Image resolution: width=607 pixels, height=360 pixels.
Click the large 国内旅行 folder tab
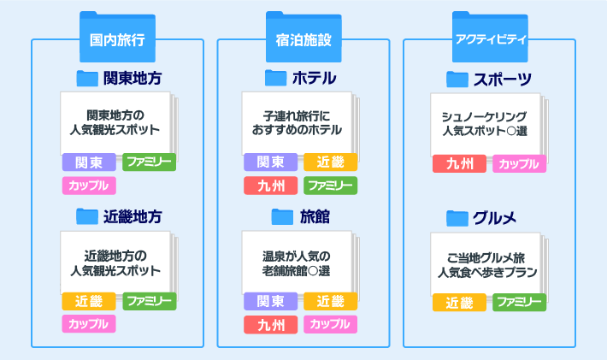click(117, 37)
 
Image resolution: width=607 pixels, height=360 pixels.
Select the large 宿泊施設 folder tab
click(303, 37)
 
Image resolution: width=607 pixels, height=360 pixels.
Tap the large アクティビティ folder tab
click(490, 37)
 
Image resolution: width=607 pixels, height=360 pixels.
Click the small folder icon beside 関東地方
click(87, 79)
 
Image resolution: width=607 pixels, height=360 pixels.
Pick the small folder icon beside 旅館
click(282, 217)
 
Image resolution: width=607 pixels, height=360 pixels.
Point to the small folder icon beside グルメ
click(457, 218)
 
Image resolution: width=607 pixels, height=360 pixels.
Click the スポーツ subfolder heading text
click(503, 80)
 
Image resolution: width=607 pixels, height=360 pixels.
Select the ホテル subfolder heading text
click(315, 78)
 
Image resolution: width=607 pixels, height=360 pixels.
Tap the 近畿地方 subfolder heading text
click(133, 217)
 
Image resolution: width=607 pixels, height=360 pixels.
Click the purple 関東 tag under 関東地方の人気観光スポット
click(89, 162)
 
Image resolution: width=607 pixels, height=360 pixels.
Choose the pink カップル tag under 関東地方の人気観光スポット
click(89, 186)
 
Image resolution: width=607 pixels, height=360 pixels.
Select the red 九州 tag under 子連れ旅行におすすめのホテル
click(271, 186)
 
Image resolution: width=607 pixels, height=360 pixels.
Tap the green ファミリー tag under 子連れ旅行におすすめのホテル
click(331, 186)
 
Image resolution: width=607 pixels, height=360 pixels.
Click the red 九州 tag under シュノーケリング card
click(459, 163)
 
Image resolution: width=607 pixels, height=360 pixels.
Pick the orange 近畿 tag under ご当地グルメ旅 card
click(459, 303)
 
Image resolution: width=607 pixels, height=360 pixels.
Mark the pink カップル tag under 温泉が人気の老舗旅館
click(331, 324)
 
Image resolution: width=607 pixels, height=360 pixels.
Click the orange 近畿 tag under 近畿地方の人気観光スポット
click(89, 301)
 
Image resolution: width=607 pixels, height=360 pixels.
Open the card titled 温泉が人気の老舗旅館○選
click(297, 263)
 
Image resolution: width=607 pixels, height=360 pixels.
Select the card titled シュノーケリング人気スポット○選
click(486, 125)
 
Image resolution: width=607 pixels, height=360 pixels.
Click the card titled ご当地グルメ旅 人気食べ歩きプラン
click(486, 264)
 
